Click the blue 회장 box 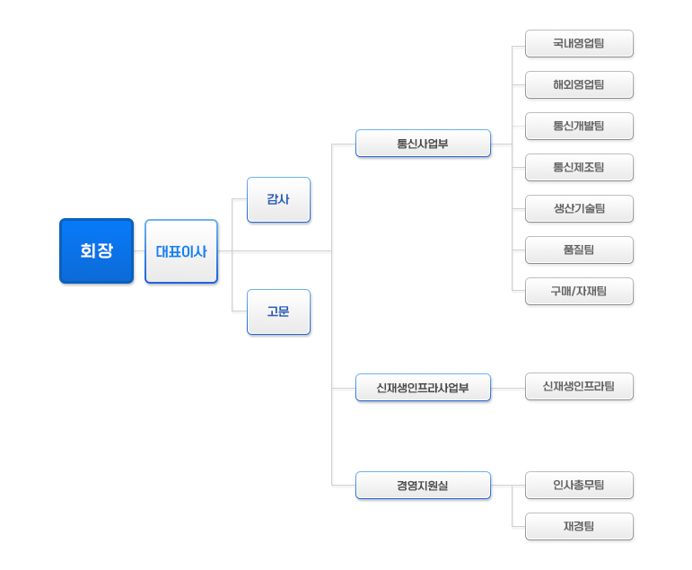97,250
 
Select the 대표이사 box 181,251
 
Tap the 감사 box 278,199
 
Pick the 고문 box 278,311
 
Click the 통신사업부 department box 423,144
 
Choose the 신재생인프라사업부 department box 423,388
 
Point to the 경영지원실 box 423,486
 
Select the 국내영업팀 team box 579,44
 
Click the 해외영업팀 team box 579,84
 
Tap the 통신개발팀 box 579,127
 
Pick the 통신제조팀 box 579,167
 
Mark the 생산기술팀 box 579,209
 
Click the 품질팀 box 579,250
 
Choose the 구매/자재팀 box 579,292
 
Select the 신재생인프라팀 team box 579,387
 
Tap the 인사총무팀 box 579,486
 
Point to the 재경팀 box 579,526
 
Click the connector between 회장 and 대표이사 139,251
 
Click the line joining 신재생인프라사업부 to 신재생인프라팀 508,389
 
